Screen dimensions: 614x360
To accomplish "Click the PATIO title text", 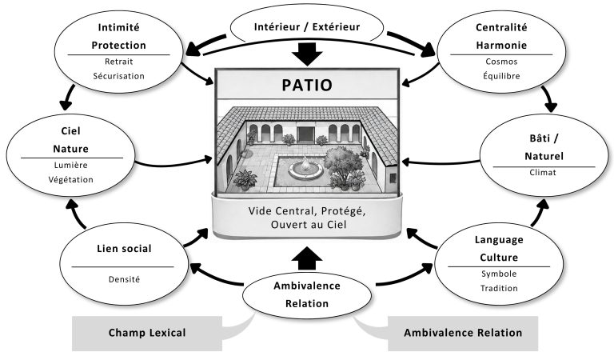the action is [307, 85].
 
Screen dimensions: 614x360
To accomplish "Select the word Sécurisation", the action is [118, 76].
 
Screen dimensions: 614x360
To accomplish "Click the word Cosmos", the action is [501, 62].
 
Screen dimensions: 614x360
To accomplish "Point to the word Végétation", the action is [71, 180].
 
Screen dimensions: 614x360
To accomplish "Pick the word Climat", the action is [543, 172].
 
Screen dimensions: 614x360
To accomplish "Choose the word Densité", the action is [124, 279].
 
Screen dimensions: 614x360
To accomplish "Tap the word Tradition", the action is [499, 288].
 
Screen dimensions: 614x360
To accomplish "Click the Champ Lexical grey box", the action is [147, 333].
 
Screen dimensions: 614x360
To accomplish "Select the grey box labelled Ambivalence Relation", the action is [463, 333].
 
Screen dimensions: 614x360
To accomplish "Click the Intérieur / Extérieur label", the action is [307, 27].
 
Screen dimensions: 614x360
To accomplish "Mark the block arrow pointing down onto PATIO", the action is [307, 54].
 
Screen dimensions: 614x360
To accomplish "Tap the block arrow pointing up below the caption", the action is [307, 258].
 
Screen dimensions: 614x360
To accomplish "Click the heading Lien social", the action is [124, 249].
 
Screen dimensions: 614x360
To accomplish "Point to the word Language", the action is [499, 240].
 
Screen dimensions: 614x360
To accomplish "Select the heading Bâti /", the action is [544, 138].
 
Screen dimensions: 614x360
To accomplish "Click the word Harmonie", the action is [501, 46].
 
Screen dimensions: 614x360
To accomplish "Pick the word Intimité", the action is [118, 27].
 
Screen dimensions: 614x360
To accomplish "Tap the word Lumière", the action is [71, 166].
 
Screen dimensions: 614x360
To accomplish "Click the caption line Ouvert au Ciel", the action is [309, 225].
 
